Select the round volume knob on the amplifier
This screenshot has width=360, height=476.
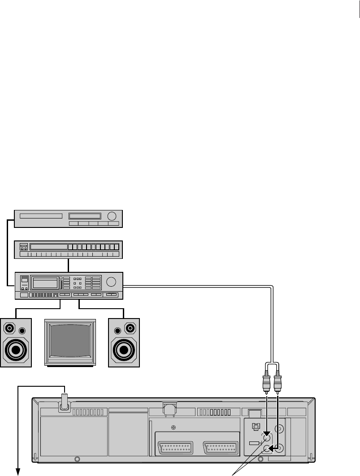pyautogui.click(x=112, y=282)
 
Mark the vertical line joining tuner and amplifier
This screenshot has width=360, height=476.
pyautogui.click(x=68, y=265)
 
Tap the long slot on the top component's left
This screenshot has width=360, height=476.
pyautogui.click(x=41, y=216)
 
